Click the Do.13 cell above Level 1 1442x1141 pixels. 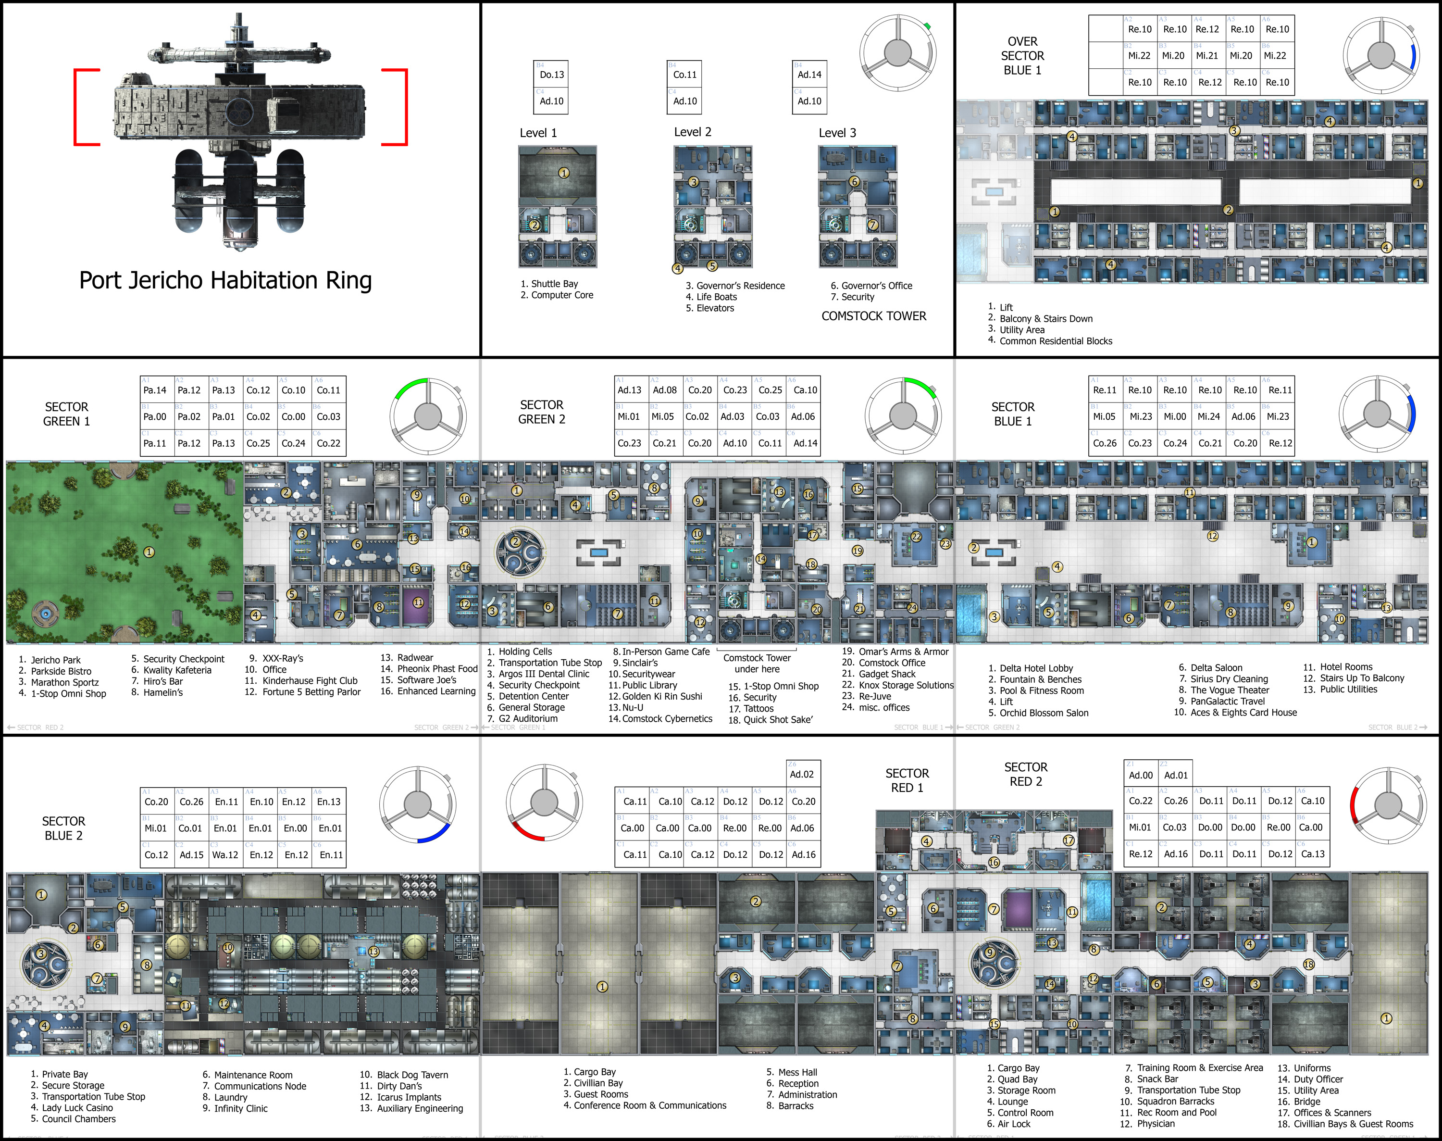pyautogui.click(x=552, y=75)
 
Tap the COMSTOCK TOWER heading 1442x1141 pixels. pyautogui.click(x=874, y=316)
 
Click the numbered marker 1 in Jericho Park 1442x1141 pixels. pyautogui.click(x=149, y=552)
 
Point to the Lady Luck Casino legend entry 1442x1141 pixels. pyautogui.click(x=77, y=1108)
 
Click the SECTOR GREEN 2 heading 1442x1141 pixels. pyautogui.click(x=542, y=412)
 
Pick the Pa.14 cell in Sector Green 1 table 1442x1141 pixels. pyautogui.click(x=155, y=390)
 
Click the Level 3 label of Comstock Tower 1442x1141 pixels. pyautogui.click(x=837, y=133)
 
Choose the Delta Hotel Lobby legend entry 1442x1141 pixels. pyautogui.click(x=1036, y=668)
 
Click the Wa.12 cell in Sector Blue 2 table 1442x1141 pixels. pyautogui.click(x=225, y=855)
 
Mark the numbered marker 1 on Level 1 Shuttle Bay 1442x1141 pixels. pyautogui.click(x=564, y=173)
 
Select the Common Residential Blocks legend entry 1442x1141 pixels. pyautogui.click(x=1055, y=341)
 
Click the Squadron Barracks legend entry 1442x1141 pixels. pyautogui.click(x=1176, y=1102)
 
